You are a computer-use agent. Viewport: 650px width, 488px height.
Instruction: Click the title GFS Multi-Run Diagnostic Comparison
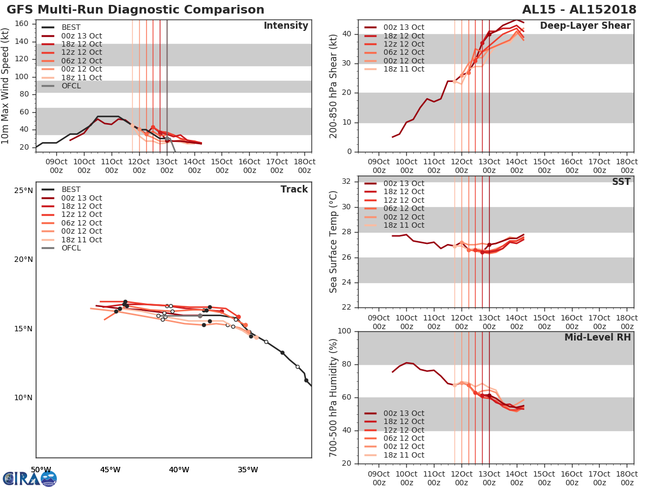(135, 10)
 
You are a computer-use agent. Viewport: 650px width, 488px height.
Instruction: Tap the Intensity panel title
(285, 26)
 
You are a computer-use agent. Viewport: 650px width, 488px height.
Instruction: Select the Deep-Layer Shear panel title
(585, 26)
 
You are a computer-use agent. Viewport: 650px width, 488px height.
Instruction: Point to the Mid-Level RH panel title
(597, 337)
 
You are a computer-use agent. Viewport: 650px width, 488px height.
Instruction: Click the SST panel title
(621, 182)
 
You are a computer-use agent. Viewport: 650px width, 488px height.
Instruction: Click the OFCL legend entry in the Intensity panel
(71, 86)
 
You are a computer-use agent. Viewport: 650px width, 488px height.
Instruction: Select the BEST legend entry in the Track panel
(71, 189)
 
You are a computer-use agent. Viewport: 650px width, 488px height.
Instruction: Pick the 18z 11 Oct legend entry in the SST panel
(404, 225)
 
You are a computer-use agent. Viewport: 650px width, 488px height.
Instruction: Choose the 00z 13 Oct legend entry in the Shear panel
(404, 28)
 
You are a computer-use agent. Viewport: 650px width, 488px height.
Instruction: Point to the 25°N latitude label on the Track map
(23, 190)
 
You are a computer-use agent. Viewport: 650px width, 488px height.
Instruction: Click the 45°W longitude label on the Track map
(110, 470)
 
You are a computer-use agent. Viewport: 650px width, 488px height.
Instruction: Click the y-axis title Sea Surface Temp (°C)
(334, 242)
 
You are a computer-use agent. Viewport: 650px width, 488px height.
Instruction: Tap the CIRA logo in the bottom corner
(30, 478)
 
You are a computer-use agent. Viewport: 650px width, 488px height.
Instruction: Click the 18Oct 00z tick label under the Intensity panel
(304, 166)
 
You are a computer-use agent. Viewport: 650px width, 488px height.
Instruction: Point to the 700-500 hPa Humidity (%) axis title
(334, 397)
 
